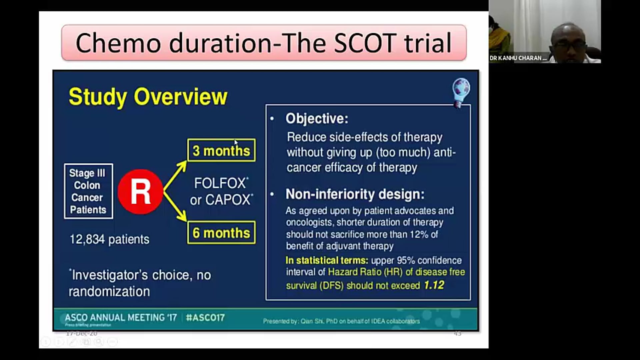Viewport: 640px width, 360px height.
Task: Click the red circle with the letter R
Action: pyautogui.click(x=140, y=192)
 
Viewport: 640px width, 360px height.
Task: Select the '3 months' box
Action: pyautogui.click(x=221, y=151)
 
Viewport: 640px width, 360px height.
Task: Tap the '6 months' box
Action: pyautogui.click(x=221, y=233)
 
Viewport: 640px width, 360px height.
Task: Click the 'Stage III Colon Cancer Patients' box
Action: pyautogui.click(x=88, y=191)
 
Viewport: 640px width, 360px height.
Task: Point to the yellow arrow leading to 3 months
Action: pyautogui.click(x=175, y=175)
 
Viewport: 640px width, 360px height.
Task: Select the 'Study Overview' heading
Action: pyautogui.click(x=148, y=97)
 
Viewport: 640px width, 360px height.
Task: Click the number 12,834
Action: pyautogui.click(x=87, y=239)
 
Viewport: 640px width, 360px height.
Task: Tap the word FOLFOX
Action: pyautogui.click(x=220, y=183)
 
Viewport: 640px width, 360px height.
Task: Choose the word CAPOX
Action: pyautogui.click(x=227, y=200)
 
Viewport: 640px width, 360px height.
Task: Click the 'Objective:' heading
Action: pyautogui.click(x=317, y=119)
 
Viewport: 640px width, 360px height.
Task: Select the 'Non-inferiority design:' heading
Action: pyautogui.click(x=355, y=194)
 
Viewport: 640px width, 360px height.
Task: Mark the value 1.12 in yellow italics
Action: pyautogui.click(x=434, y=285)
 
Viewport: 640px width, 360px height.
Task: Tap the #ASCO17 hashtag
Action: pyautogui.click(x=205, y=317)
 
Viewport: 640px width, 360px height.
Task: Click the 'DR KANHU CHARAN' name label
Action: pyautogui.click(x=518, y=58)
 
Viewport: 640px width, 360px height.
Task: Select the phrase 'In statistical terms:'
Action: pyautogui.click(x=327, y=260)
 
